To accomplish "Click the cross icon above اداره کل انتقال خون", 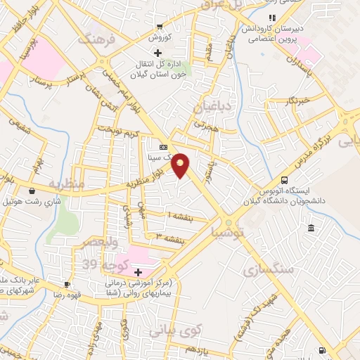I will [158, 53].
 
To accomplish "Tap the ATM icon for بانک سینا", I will [164, 147].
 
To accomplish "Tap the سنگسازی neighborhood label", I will [265, 269].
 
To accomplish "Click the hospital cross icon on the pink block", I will [138, 272].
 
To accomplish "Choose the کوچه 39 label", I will [98, 264].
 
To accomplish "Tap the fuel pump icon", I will [321, 350].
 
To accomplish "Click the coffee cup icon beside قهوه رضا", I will [67, 284].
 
